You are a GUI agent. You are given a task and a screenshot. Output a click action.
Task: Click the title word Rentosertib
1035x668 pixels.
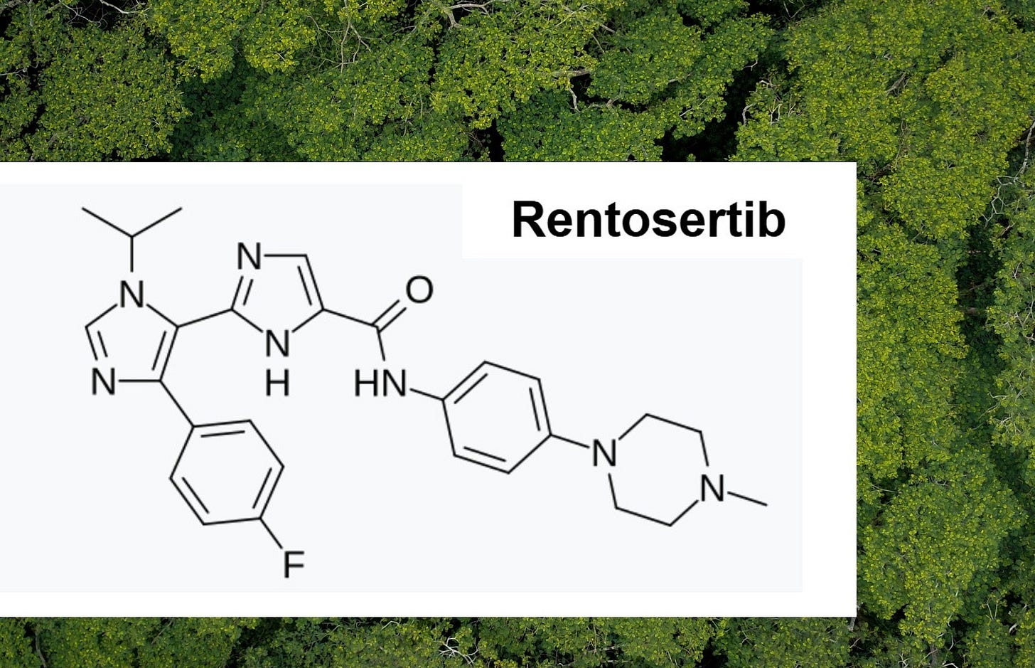click(649, 219)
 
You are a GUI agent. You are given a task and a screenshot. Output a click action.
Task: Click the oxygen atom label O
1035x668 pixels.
click(419, 290)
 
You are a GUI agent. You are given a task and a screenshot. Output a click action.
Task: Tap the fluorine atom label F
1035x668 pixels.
click(294, 564)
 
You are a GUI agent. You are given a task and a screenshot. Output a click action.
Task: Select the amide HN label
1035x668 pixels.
click(380, 383)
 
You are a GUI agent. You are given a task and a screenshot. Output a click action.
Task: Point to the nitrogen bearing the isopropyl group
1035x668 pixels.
click(132, 294)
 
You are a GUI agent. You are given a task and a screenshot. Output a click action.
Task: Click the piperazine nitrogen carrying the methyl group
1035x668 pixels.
click(713, 489)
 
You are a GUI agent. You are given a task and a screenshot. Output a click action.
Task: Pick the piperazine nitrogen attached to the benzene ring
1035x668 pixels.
click(604, 452)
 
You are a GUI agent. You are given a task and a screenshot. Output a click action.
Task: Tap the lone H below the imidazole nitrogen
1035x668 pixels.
click(277, 383)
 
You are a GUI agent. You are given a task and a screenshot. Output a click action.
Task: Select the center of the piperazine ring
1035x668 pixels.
click(658, 470)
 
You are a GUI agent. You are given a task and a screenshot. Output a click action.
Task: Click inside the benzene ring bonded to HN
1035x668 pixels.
click(497, 418)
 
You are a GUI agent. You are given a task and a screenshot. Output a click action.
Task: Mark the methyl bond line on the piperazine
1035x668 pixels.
click(747, 499)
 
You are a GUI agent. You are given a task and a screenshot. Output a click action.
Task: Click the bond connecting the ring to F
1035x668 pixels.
click(272, 533)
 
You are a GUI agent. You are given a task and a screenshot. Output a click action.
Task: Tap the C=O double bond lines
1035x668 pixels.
click(389, 314)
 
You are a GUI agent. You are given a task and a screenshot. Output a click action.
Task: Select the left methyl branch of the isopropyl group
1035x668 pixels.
click(107, 223)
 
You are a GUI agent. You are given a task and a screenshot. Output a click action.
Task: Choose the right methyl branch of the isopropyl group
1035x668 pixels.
click(156, 223)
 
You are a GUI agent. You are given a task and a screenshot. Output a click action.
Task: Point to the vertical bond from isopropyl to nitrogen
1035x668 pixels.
click(132, 254)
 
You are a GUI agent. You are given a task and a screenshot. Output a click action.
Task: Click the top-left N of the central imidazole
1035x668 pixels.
click(249, 256)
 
